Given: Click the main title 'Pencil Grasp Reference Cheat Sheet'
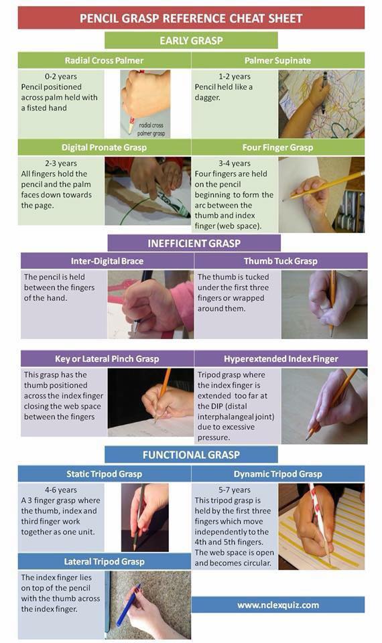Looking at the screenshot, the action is coord(191,18).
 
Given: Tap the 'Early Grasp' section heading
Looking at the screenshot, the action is coord(191,40).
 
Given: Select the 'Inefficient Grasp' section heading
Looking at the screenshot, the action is coord(194,243).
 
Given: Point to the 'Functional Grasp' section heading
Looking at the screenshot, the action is coord(191,455).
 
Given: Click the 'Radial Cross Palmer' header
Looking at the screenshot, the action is coord(105,60).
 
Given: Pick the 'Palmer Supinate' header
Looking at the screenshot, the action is coord(277,60).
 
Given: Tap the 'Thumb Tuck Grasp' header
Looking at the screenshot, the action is coord(281,261).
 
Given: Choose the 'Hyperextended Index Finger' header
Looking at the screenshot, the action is coord(281,359).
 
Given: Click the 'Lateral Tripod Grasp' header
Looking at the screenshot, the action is coord(105,561).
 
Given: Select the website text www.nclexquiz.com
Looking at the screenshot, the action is coord(278,605).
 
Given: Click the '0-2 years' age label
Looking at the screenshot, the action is coord(61,76).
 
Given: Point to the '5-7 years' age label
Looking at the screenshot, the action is coord(235,490).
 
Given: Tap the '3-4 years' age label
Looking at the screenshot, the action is coord(235,163).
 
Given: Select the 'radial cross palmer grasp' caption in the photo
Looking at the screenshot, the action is coord(151,129).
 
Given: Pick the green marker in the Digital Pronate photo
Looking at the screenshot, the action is coord(171,202).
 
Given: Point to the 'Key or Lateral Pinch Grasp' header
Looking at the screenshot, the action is coord(107,359).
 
